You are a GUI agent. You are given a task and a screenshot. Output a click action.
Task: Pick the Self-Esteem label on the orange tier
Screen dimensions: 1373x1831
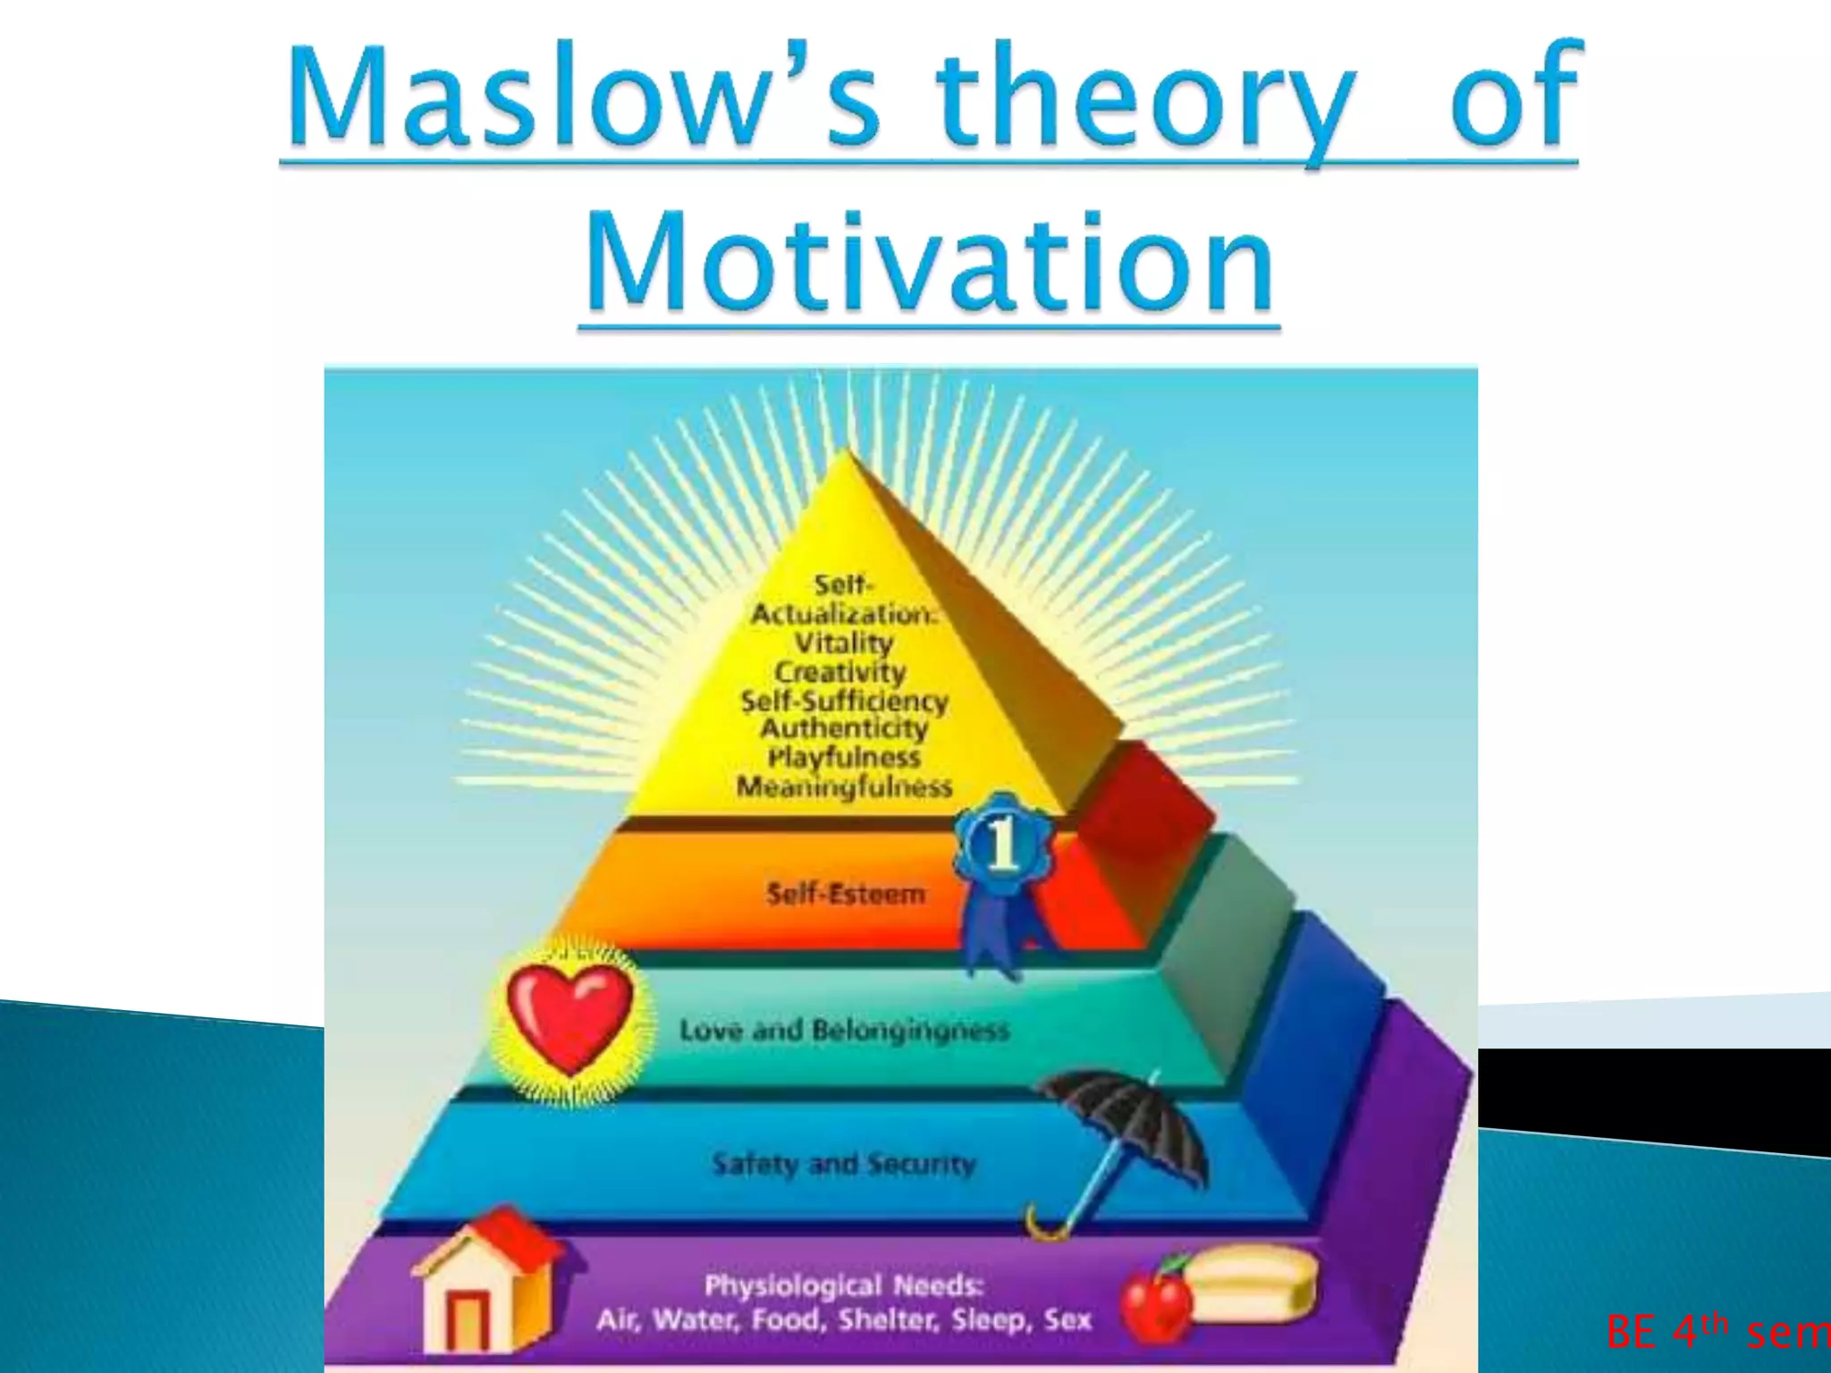pos(845,893)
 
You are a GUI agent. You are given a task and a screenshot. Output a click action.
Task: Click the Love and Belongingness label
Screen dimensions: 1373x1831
pos(844,1030)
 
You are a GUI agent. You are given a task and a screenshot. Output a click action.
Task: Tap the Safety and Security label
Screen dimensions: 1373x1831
pos(844,1164)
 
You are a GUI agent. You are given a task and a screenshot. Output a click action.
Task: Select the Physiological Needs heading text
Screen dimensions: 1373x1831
pos(844,1285)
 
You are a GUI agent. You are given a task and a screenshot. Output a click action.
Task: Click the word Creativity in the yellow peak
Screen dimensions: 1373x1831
pos(840,672)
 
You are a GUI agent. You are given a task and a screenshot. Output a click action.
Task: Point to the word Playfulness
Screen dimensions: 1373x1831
pos(844,757)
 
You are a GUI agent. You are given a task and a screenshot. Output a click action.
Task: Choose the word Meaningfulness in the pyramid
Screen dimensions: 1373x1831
pos(844,787)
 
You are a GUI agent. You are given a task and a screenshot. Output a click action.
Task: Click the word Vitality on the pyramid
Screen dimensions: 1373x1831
pos(844,643)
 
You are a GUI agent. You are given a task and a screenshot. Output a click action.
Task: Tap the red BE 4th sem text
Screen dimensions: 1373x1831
pos(1717,1332)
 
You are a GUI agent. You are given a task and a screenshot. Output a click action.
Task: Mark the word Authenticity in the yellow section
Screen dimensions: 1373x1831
pos(844,729)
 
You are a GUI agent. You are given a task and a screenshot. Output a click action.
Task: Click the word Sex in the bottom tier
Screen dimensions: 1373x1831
pos(1067,1319)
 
